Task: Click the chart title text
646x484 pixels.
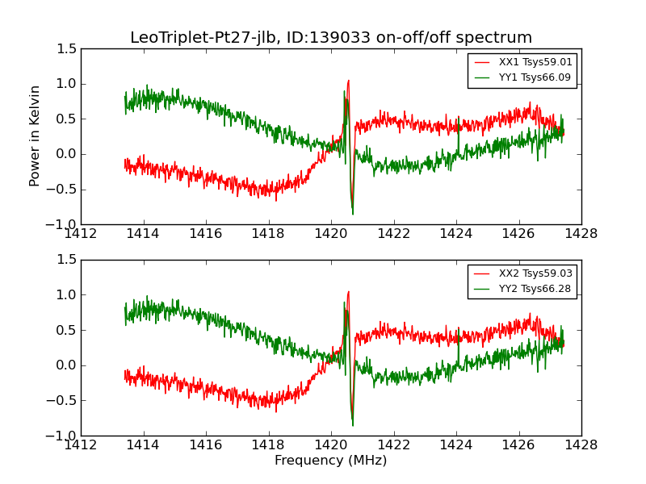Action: click(331, 38)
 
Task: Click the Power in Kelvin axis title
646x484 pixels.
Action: click(36, 136)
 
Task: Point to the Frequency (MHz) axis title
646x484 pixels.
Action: click(331, 461)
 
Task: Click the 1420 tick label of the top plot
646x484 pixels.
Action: click(330, 234)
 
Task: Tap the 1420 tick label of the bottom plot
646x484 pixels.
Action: click(330, 445)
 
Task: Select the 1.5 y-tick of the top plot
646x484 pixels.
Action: click(68, 48)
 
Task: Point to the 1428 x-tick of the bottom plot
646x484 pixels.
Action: click(581, 445)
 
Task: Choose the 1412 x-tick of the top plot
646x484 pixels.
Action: click(81, 234)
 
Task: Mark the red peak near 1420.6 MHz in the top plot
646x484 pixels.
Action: click(348, 81)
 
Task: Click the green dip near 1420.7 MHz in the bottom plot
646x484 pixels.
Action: click(353, 424)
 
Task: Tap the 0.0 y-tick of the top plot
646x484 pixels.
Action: click(68, 154)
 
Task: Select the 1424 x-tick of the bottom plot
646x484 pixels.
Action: click(455, 445)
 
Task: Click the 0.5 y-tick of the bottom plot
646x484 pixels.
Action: click(68, 330)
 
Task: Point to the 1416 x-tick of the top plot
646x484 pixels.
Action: click(206, 234)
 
